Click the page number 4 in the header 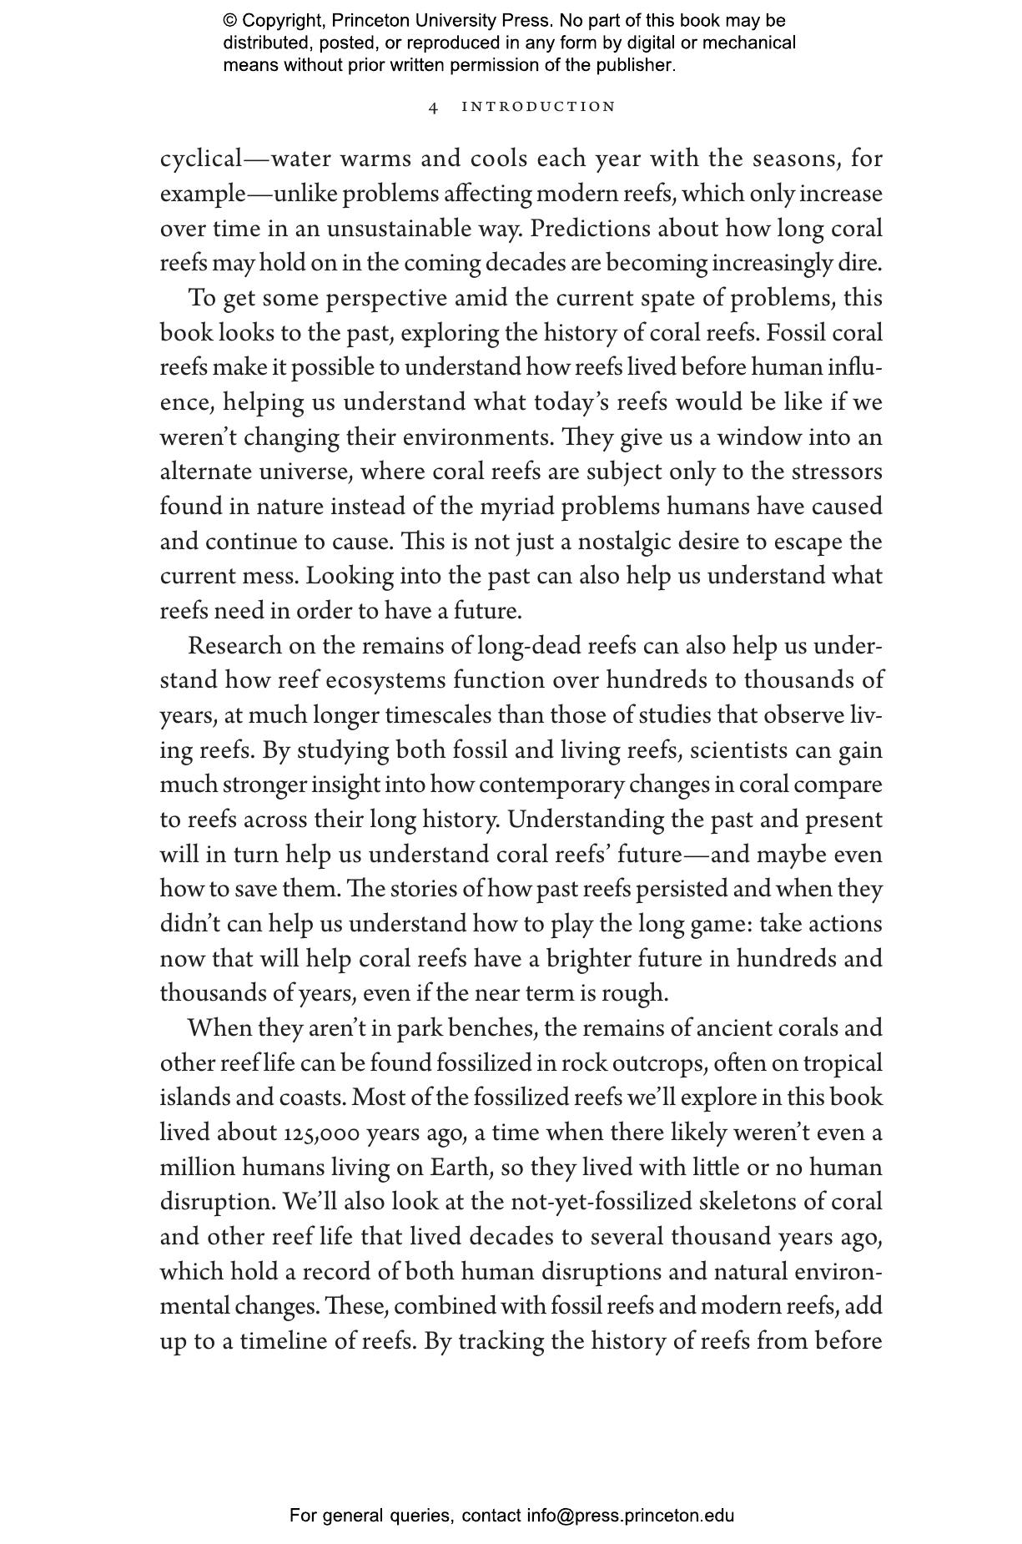(433, 107)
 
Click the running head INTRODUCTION (538, 107)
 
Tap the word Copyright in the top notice (274, 21)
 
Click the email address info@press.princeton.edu (630, 1515)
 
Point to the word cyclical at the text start (200, 159)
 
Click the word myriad (516, 507)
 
